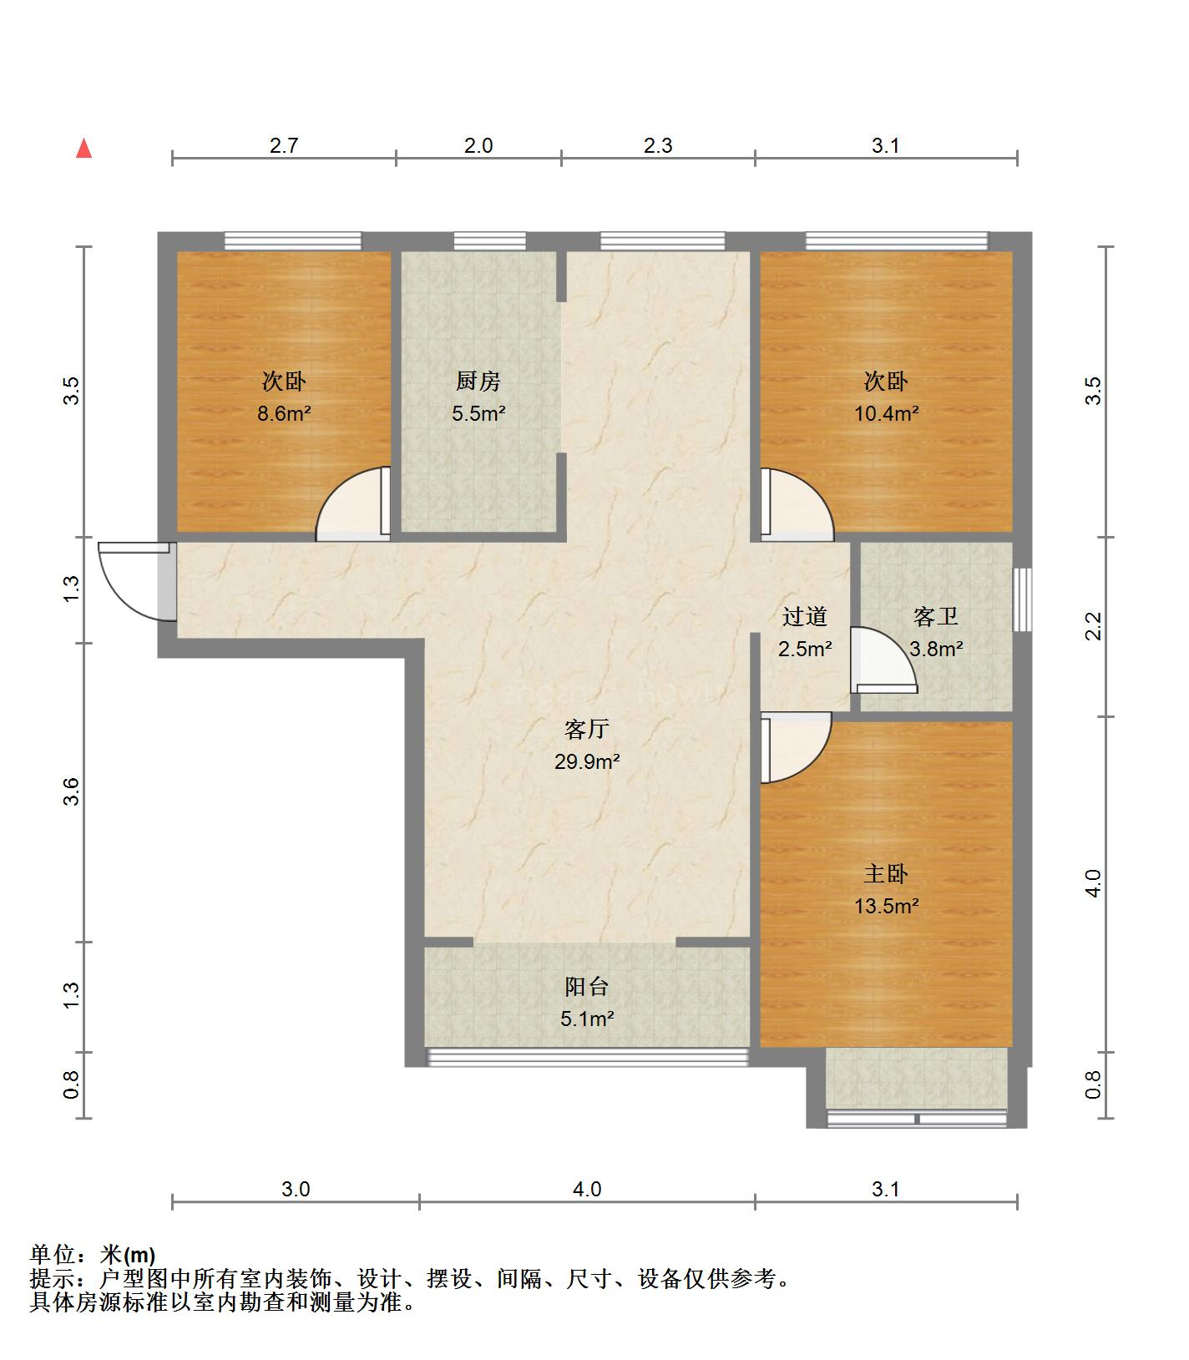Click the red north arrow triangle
83,149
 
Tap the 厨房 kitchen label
478,382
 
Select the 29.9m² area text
587,761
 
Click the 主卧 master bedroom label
886,874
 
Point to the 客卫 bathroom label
935,617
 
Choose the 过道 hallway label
805,617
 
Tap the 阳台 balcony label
587,987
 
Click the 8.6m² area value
284,412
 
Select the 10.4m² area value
886,412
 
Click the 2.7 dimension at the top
284,146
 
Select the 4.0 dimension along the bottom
587,1189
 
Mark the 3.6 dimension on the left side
71,791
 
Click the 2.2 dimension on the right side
1094,626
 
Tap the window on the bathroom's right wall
1022,599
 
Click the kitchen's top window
490,241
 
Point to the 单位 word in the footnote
51,1255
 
